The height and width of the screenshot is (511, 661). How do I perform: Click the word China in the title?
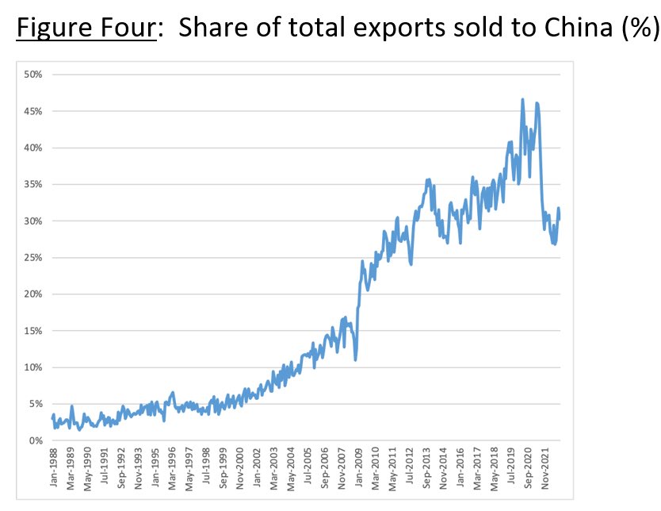pos(578,28)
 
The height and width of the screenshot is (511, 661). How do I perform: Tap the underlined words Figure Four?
pos(86,28)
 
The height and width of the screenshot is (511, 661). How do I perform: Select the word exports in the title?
pos(398,29)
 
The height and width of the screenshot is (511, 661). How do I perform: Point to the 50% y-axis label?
pos(32,75)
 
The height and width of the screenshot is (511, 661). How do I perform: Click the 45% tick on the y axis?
pos(32,111)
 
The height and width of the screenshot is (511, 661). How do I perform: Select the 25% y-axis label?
pos(32,257)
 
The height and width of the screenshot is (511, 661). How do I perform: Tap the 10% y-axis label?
pos(32,367)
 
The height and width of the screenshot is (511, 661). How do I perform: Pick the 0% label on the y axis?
pos(36,440)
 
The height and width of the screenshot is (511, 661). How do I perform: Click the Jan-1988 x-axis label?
pos(54,467)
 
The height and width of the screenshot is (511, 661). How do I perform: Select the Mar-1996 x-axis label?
pos(172,468)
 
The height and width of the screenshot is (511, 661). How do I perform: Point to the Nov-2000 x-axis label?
pos(240,468)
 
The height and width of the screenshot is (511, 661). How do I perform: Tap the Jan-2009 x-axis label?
pos(358,467)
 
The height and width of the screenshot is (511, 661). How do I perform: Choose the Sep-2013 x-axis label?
pos(426,468)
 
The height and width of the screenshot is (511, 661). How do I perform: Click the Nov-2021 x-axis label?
pos(544,468)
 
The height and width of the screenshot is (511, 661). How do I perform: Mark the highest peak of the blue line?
pos(523,100)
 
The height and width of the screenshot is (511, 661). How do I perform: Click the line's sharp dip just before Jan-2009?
pos(356,359)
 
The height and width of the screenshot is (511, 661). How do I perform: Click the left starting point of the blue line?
pos(52,418)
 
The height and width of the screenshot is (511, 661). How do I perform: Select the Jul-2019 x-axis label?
pos(511,467)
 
